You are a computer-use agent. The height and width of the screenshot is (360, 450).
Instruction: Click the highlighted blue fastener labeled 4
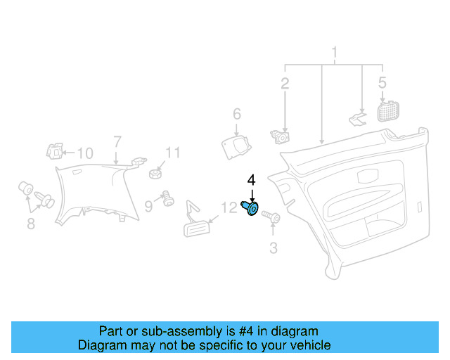(x=250, y=208)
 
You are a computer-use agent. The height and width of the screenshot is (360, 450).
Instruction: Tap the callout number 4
(x=251, y=181)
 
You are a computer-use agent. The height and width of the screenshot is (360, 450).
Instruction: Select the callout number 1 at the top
(x=335, y=53)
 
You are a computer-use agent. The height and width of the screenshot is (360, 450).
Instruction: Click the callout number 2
(x=285, y=84)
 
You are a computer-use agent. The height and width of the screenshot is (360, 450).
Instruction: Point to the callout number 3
(x=274, y=247)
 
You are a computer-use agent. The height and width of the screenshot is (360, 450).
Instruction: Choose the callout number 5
(x=382, y=82)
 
